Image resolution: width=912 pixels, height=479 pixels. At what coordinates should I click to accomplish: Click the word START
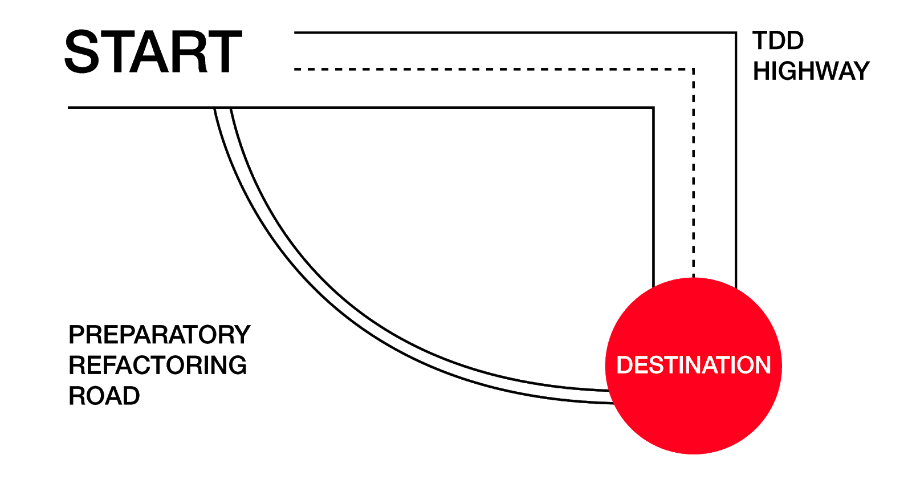(153, 52)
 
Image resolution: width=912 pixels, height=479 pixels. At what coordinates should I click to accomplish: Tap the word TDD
(777, 41)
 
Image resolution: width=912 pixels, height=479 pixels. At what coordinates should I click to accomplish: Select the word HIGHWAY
(811, 71)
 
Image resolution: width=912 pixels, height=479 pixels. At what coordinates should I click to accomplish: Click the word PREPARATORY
(159, 335)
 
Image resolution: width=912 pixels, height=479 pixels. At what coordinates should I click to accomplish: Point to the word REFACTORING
(157, 365)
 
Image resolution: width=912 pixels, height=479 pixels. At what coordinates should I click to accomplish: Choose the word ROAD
(104, 396)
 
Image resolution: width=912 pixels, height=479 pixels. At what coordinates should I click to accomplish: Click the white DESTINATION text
(693, 365)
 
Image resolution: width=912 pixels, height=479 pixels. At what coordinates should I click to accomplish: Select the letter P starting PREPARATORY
(76, 335)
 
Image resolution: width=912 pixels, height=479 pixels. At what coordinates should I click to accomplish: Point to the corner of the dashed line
(693, 69)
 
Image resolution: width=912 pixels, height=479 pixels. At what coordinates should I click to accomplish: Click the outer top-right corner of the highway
(736, 33)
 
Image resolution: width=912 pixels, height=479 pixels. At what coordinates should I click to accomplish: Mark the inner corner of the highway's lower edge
(653, 107)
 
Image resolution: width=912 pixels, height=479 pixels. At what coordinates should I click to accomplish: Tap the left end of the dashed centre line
(295, 69)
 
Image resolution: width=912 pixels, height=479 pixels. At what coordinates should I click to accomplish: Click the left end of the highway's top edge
(295, 33)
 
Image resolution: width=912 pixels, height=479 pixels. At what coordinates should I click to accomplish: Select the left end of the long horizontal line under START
(69, 107)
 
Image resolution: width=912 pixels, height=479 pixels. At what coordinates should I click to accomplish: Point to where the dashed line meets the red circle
(693, 277)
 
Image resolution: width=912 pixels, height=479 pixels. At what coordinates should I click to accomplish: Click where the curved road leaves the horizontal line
(222, 108)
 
